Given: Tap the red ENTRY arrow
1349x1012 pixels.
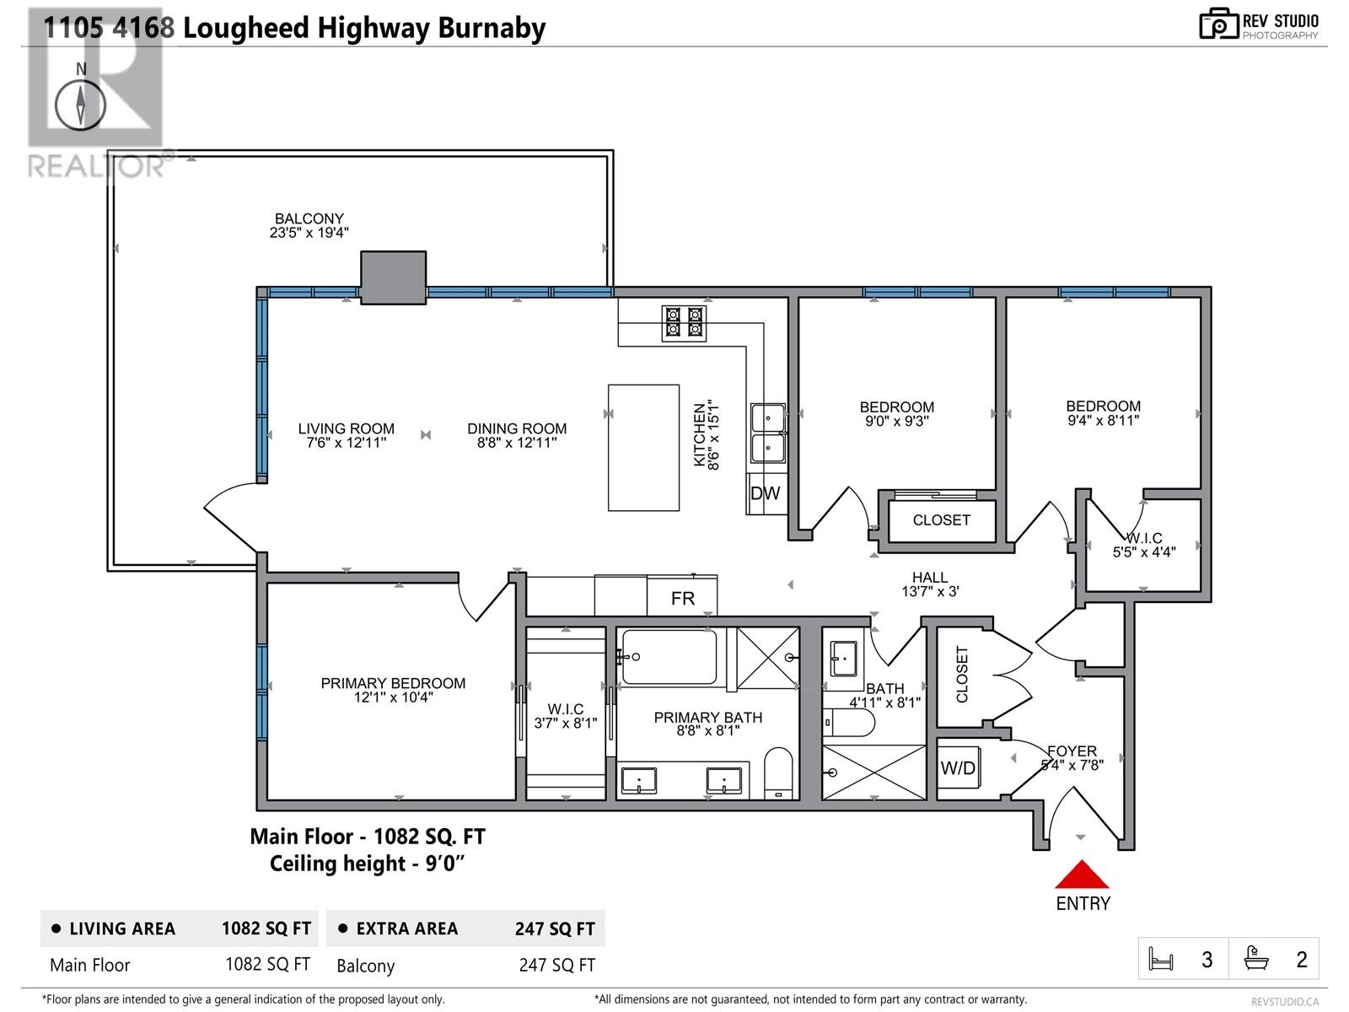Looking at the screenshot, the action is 1082,875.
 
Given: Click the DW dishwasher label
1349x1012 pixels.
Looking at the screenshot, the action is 766,493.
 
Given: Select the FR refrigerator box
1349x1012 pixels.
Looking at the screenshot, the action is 681,595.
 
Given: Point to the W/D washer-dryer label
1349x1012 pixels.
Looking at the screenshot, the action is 958,768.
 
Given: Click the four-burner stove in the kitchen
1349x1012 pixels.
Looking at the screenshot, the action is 684,323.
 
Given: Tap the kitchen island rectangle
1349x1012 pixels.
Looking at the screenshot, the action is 643,447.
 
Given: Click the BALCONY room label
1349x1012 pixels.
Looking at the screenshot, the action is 309,218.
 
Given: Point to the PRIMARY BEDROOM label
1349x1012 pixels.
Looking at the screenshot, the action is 393,683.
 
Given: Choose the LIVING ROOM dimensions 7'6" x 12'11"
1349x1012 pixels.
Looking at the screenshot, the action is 346,443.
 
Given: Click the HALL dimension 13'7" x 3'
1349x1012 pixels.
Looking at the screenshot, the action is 930,592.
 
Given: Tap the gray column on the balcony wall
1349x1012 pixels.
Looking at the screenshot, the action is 394,277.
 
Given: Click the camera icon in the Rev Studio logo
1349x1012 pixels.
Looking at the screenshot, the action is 1219,24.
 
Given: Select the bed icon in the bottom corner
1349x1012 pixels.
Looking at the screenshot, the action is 1161,959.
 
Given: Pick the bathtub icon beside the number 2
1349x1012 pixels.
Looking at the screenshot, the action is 1255,959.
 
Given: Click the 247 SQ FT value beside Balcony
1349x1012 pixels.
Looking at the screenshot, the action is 556,966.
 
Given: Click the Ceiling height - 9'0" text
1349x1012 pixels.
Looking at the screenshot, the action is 367,864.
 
